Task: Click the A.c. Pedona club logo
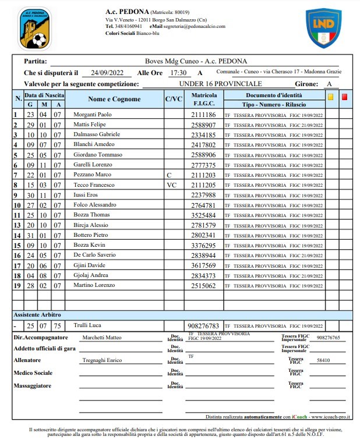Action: click(x=34, y=28)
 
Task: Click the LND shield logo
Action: click(x=323, y=28)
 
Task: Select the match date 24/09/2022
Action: click(x=103, y=73)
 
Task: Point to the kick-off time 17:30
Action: click(x=178, y=73)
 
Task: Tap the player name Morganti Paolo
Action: click(x=93, y=115)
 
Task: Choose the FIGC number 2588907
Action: click(x=203, y=125)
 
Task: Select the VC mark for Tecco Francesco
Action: click(x=171, y=185)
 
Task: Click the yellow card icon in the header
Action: click(x=331, y=97)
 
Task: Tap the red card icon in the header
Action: click(x=344, y=97)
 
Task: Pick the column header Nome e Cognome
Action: click(x=114, y=99)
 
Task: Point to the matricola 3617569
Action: click(x=203, y=265)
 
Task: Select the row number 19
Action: click(x=17, y=286)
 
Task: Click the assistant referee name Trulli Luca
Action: click(x=87, y=326)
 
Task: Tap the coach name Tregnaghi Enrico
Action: click(x=102, y=361)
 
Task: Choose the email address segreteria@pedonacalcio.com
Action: click(x=195, y=26)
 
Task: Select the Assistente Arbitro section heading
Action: click(x=38, y=314)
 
